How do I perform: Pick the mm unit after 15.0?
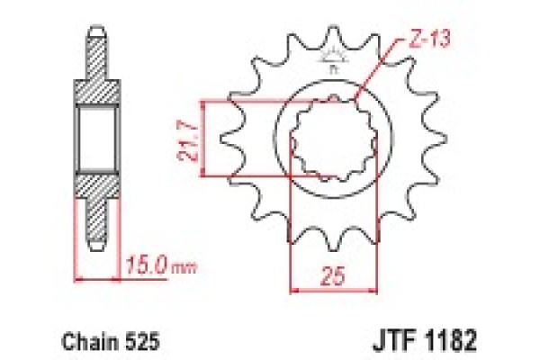pos(182,268)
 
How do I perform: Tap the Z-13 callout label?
pos(406,37)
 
